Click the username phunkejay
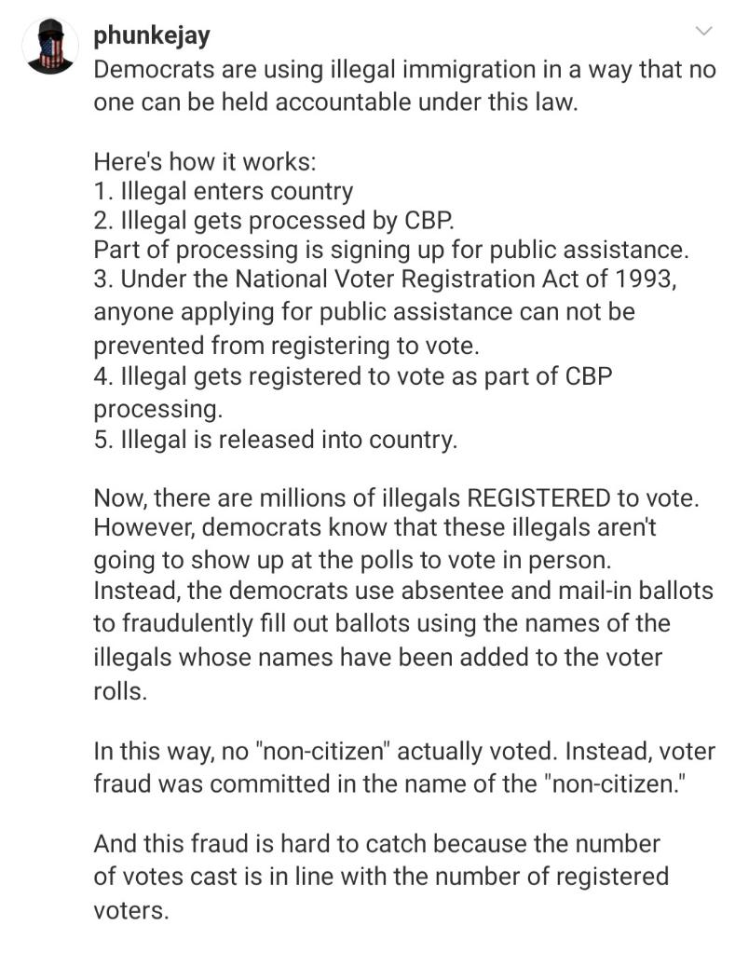152,36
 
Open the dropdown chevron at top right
704,32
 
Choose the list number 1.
99,192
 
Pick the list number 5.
100,439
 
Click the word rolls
119,693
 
